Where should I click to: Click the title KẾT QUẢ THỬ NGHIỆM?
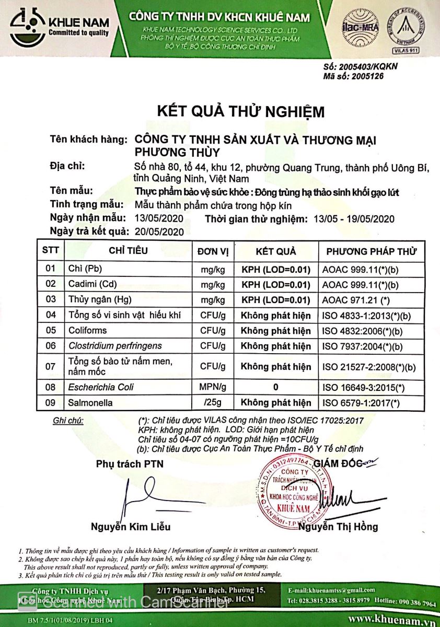click(241, 112)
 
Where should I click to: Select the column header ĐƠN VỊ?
click(213, 251)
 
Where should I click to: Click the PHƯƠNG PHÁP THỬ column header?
click(372, 251)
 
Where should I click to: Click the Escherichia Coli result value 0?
click(275, 387)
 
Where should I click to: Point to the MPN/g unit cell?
click(213, 387)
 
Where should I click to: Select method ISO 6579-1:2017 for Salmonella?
click(361, 402)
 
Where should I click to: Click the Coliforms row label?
click(87, 330)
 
